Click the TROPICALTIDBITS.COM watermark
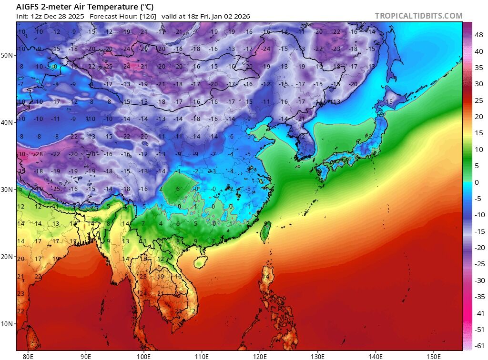pos(418,16)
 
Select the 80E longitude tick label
pos(28,356)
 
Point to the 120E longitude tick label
pos(260,356)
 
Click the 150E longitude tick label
pos(434,356)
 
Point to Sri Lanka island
pos(32,339)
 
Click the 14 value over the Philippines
pos(266,277)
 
